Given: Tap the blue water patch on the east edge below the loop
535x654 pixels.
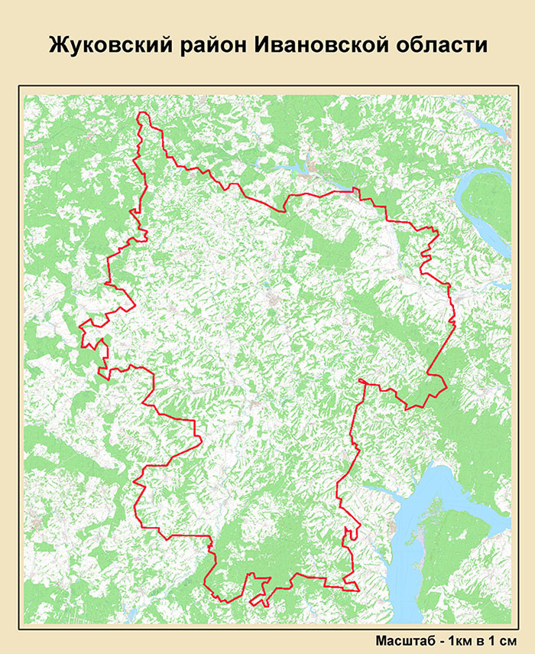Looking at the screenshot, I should pyautogui.click(x=501, y=285).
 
